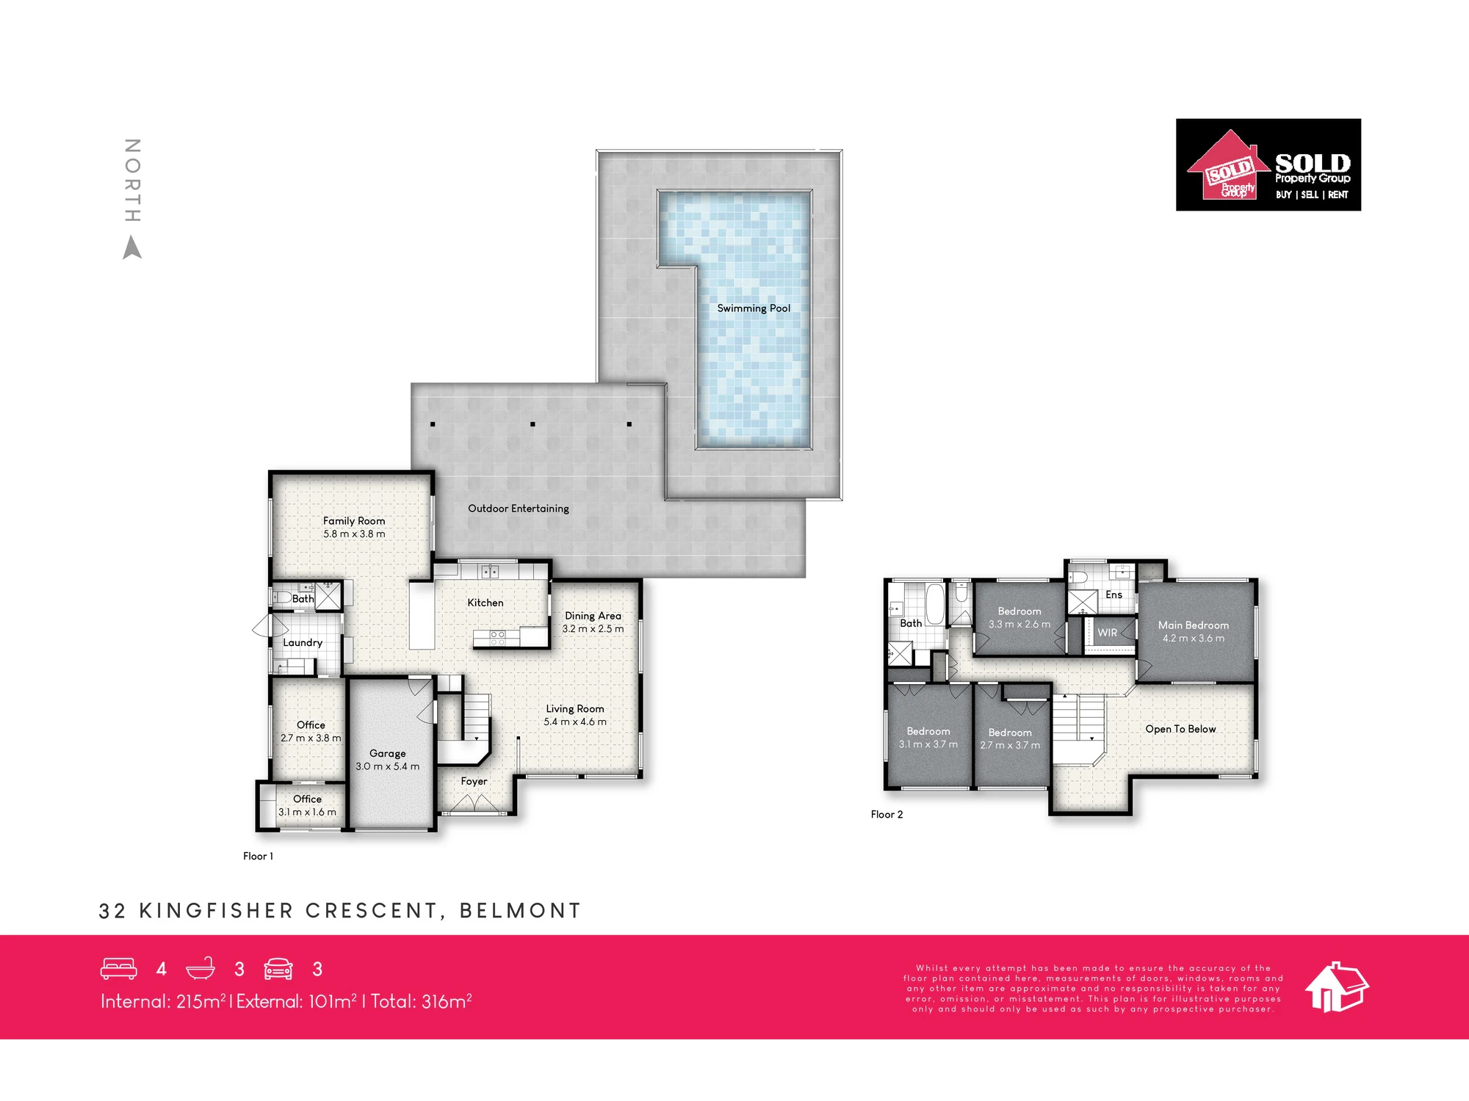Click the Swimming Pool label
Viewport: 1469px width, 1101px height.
754,308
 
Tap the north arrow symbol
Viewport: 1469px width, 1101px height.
132,247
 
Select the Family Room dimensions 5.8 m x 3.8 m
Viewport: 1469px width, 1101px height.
354,534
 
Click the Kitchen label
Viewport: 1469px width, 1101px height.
486,603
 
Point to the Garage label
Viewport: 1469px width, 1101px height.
388,753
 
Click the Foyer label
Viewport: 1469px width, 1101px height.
474,781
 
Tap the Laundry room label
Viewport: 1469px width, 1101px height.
303,642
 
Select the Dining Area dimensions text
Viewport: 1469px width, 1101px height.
593,628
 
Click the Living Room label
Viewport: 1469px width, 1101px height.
575,708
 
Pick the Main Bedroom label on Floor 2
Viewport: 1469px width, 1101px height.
1194,625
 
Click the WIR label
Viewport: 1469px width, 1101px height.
1107,633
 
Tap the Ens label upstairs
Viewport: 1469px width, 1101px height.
1114,595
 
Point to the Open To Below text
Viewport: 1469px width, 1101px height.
1180,729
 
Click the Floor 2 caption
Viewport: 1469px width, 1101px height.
887,814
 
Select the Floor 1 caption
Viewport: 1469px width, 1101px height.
258,856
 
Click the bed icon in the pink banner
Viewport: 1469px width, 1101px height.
119,969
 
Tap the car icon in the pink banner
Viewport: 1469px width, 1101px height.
278,969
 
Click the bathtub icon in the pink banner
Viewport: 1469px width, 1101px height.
201,969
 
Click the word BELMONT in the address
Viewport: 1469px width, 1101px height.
520,911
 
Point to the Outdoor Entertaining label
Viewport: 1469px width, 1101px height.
519,508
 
